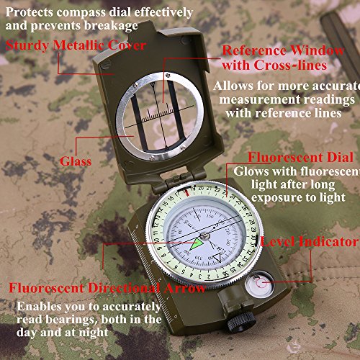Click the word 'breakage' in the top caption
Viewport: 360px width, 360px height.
(112, 27)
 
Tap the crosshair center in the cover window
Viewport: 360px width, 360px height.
(156, 115)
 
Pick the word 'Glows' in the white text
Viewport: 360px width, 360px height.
(249, 171)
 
